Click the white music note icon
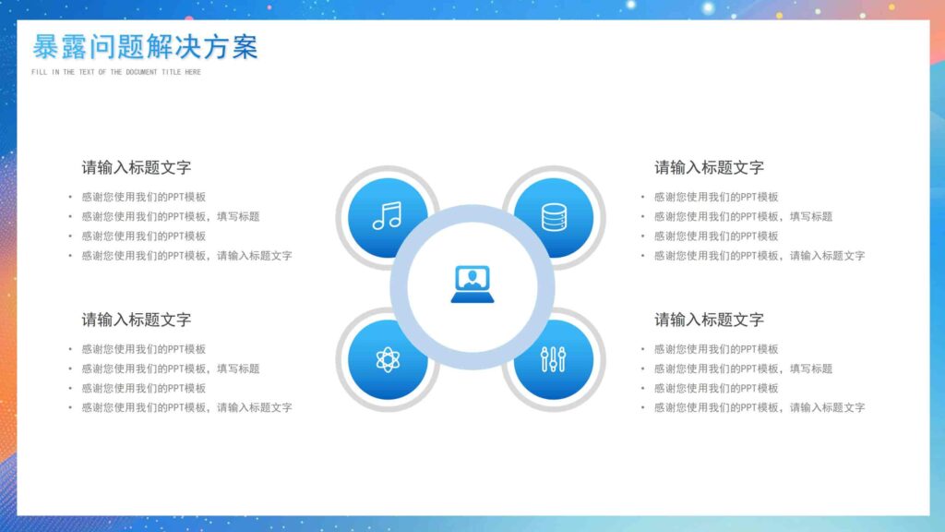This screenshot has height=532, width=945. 387,215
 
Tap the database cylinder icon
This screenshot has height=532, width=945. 554,217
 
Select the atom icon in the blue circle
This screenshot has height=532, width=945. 388,359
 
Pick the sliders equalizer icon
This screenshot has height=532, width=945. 554,359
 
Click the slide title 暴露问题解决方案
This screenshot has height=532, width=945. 145,47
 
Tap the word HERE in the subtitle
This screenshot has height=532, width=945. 192,72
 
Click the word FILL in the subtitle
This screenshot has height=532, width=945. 39,72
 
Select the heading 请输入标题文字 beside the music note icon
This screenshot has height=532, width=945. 137,167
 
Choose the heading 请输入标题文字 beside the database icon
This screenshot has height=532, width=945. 709,167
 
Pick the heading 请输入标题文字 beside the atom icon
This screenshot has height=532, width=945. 137,320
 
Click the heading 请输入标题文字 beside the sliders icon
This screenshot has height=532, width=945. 709,320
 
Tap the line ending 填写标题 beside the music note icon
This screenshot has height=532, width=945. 170,216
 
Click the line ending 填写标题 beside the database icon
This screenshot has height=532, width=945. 743,216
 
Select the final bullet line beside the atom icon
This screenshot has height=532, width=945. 186,407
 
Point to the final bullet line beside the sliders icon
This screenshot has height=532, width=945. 759,407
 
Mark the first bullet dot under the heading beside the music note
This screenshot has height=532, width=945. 69,197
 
